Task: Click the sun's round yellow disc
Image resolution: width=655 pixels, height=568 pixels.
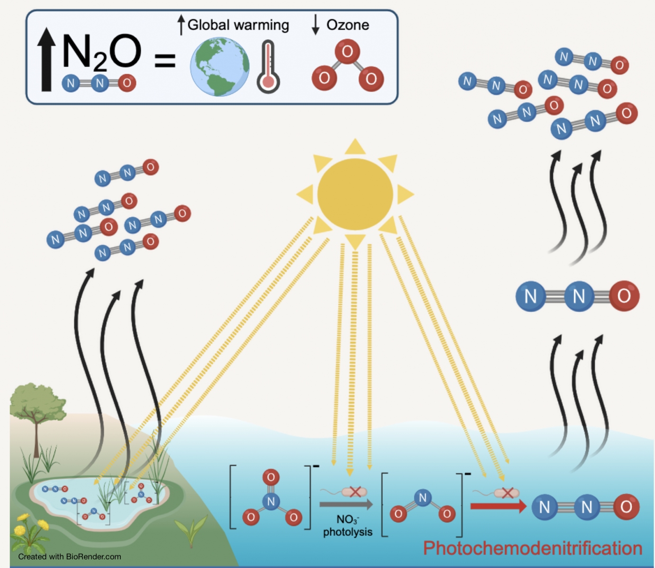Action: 355,194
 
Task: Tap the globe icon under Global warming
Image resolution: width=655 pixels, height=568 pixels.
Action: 220,67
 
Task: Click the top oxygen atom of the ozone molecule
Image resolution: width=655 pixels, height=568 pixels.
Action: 347,51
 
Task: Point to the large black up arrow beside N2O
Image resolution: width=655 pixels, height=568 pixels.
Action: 46,59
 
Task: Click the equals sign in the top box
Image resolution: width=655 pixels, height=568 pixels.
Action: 165,61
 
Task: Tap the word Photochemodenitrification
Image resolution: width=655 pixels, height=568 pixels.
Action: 532,548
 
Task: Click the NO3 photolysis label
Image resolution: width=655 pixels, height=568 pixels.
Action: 348,526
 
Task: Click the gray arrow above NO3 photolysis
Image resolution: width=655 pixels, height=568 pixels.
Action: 346,505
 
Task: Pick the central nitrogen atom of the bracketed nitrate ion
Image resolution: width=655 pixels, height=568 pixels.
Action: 271,501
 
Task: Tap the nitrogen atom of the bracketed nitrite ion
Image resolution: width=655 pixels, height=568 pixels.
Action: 422,497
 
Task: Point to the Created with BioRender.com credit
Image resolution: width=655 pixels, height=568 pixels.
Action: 70,557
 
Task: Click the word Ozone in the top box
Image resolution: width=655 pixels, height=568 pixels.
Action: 348,25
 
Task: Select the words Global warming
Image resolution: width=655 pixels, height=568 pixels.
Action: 238,25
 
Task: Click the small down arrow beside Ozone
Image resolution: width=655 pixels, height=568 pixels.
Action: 315,25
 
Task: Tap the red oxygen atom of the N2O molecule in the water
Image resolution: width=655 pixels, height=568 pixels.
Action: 626,507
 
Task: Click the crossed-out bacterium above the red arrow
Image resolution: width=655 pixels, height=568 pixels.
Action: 506,493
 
